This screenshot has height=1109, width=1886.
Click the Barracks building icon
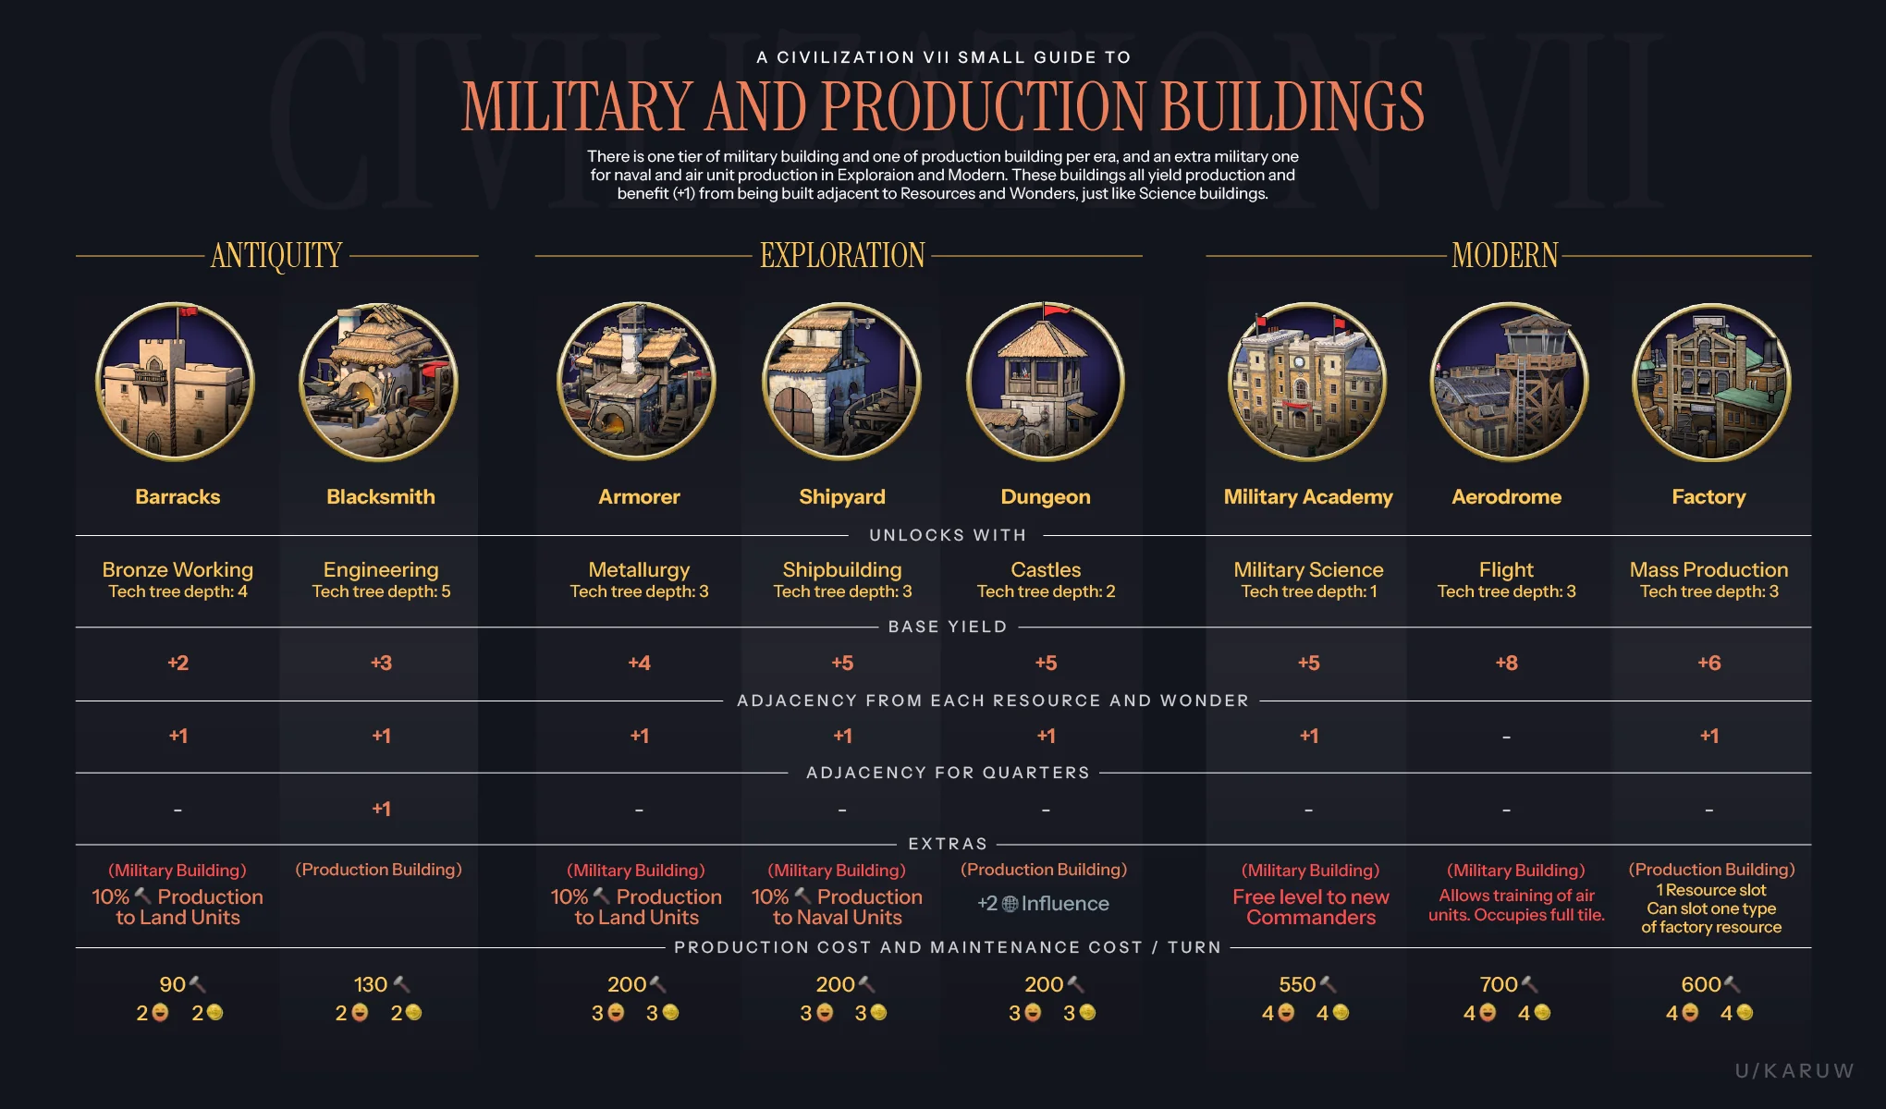(x=176, y=382)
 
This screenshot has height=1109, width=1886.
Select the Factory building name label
(x=1708, y=497)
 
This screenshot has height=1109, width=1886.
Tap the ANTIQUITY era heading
(x=276, y=255)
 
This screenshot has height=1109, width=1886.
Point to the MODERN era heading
(x=1504, y=255)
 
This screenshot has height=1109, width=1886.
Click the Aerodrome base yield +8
(x=1506, y=663)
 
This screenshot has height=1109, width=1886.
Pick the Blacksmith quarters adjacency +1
(x=381, y=809)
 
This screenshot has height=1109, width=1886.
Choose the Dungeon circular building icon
(x=1046, y=382)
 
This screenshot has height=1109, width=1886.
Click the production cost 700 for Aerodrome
(x=1499, y=984)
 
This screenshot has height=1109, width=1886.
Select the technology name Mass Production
(x=1708, y=569)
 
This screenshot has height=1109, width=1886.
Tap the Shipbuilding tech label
(x=841, y=569)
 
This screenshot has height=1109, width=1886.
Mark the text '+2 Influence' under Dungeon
(x=1044, y=903)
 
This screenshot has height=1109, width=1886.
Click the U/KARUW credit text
(x=1794, y=1070)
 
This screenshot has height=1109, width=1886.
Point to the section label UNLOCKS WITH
(x=948, y=535)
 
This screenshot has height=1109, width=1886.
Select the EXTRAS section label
(x=948, y=844)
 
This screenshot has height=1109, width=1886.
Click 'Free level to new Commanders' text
(x=1310, y=907)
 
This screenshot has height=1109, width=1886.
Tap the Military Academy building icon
(x=1307, y=382)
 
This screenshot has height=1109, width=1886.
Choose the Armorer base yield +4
(x=639, y=663)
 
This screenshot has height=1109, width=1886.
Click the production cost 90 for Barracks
(x=173, y=984)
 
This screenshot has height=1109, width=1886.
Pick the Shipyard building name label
(x=841, y=497)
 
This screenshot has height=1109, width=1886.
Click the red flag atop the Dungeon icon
(x=1056, y=310)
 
